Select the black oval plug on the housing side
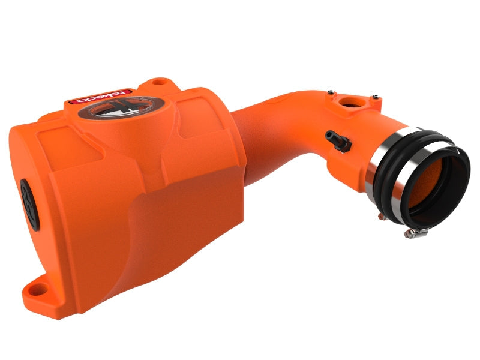(x=29, y=204)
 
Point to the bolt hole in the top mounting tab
(x=158, y=81)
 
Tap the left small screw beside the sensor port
(x=329, y=93)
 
